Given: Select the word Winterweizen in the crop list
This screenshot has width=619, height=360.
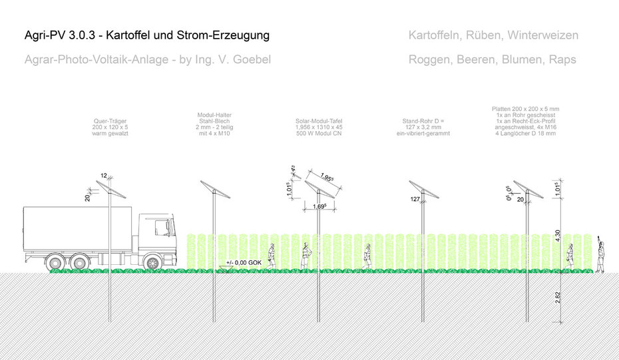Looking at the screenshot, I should tap(544, 35).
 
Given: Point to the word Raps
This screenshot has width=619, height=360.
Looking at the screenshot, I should tap(562, 59).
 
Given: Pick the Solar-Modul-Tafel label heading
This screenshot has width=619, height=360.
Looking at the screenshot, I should tap(318, 122).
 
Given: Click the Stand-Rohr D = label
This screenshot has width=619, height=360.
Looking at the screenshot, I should tap(423, 122).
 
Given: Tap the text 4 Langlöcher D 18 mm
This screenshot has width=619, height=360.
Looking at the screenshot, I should tap(524, 134).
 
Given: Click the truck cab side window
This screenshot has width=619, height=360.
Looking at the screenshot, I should tap(161, 228).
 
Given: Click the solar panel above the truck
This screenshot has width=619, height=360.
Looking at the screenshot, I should tap(111, 189).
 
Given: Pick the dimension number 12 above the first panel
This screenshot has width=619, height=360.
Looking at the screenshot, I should tap(104, 176).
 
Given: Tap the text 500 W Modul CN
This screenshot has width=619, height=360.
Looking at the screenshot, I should tap(318, 134).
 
